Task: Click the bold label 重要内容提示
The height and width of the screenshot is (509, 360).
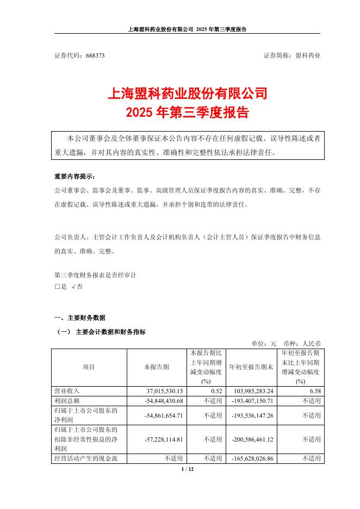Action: tap(74, 177)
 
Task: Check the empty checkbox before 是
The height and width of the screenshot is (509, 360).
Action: tap(57, 286)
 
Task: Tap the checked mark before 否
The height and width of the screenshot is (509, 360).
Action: tap(74, 286)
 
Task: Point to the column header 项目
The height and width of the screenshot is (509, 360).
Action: tap(89, 367)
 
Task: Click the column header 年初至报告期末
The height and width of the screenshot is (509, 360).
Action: tap(250, 367)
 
